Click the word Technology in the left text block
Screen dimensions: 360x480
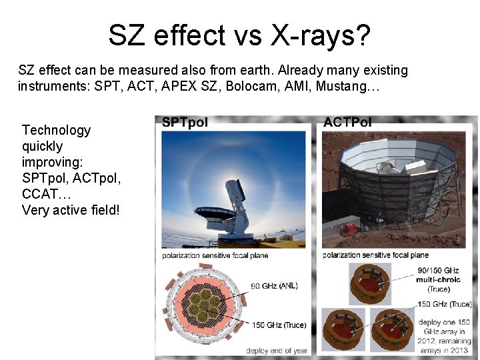tap(56, 130)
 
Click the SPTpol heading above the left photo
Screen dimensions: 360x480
tap(185, 123)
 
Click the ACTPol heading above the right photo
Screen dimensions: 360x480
tap(347, 123)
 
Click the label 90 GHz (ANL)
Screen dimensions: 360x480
tap(274, 285)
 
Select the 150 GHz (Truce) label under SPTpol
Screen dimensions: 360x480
tap(279, 325)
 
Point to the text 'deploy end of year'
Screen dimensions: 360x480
tap(277, 350)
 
